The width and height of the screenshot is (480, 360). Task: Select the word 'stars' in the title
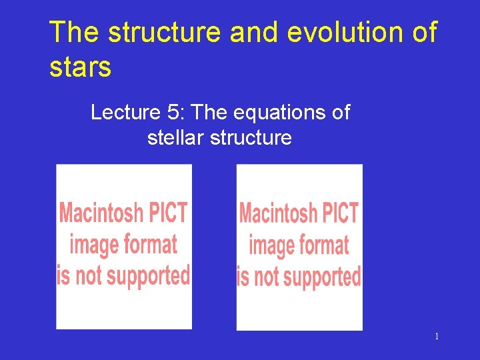point(80,68)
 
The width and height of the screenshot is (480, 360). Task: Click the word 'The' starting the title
point(74,33)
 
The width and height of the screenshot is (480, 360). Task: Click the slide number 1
point(437,337)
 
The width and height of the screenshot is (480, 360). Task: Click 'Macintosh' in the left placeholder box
point(101,213)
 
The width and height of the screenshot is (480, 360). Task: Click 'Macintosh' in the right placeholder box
point(278,214)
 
